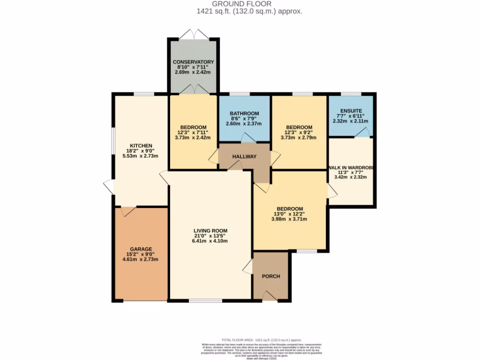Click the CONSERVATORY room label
point(193,62)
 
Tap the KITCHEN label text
point(140,146)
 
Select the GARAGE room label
point(140,249)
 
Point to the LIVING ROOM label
point(210,231)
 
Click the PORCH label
point(270,276)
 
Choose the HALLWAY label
point(244,157)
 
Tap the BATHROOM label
point(244,113)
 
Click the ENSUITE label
point(351,111)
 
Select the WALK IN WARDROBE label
point(351,168)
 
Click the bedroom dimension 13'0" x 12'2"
point(290,214)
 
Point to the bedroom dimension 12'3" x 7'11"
point(193,133)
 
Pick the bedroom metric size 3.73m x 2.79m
point(299,138)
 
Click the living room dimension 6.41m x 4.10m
point(210,241)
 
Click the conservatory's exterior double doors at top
point(193,34)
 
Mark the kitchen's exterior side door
point(109,187)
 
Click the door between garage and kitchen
point(128,211)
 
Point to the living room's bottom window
point(202,300)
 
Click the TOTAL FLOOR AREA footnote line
point(262,340)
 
